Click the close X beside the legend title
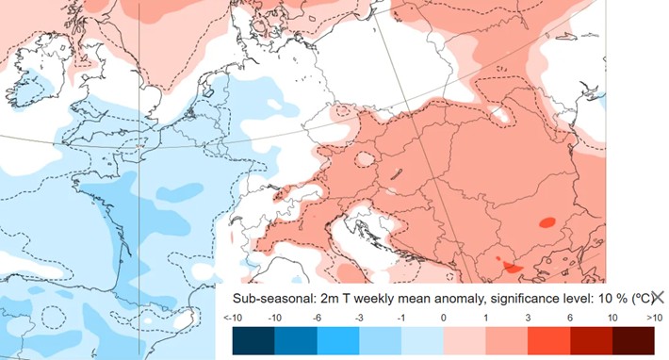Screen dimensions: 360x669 (657, 297)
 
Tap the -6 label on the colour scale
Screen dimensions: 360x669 (317, 319)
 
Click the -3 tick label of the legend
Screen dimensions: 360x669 (359, 319)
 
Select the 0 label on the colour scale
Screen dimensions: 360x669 (444, 319)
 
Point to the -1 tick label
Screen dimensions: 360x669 (401, 319)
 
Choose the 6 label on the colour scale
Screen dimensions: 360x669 (571, 319)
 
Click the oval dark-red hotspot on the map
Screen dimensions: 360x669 (546, 223)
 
